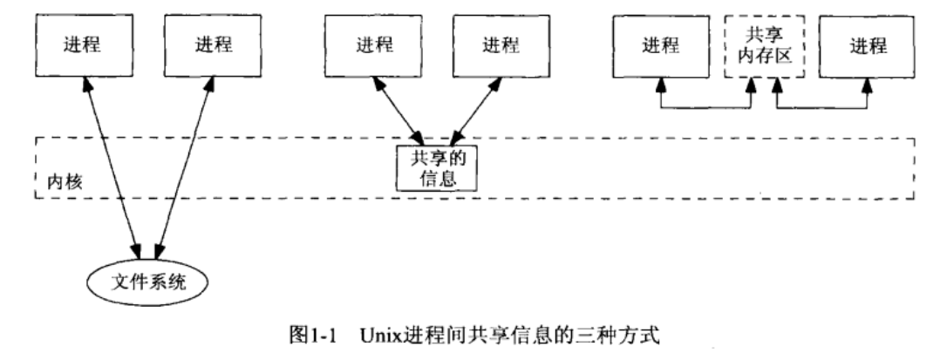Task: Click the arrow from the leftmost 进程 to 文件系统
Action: pyautogui.click(x=113, y=166)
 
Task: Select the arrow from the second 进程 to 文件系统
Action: pyautogui.click(x=183, y=166)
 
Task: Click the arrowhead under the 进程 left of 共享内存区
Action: pyautogui.click(x=661, y=87)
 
